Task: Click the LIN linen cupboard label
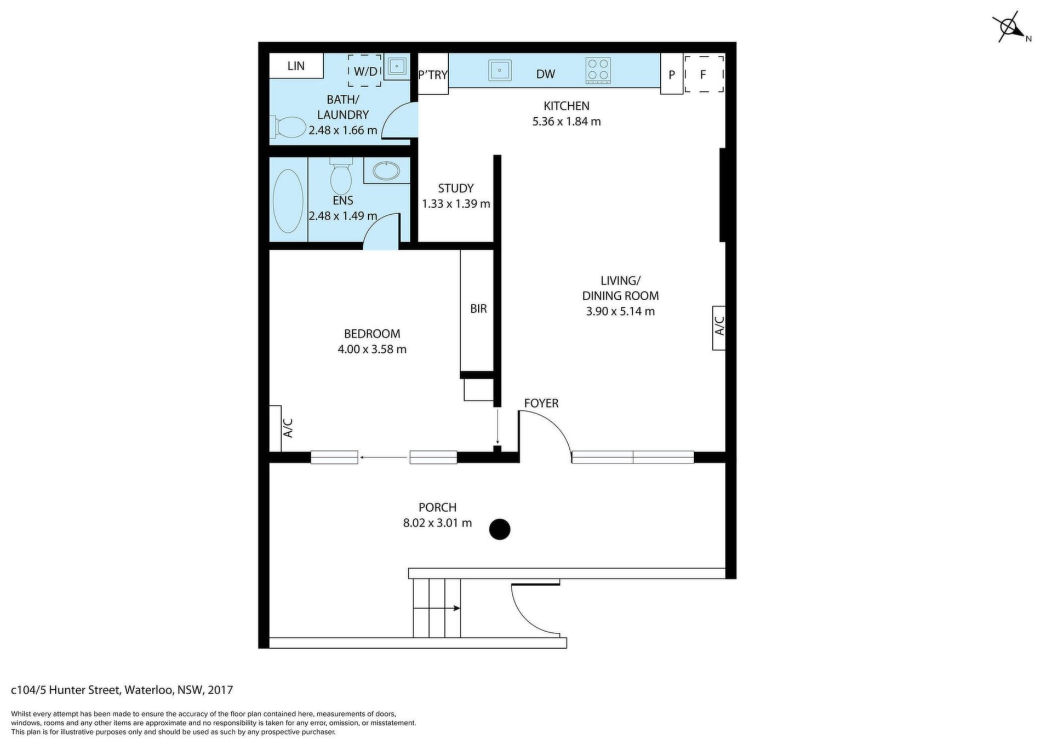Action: tap(296, 66)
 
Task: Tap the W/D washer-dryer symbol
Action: tap(365, 70)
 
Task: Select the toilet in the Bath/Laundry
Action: tap(288, 128)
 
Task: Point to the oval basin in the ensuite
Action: tap(388, 170)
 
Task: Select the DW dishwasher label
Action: tap(546, 74)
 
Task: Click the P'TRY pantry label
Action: tap(433, 75)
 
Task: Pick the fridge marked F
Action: tap(704, 73)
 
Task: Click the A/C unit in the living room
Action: tap(719, 328)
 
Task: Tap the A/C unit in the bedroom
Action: tap(275, 428)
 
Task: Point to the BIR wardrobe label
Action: tap(478, 309)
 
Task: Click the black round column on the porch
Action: tap(500, 529)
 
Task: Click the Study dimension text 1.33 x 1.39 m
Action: tap(456, 204)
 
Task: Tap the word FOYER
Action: tap(541, 403)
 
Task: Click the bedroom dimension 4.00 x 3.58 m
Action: tap(372, 349)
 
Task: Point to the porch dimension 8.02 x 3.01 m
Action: tap(437, 523)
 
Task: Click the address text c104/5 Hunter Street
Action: tap(66, 690)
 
